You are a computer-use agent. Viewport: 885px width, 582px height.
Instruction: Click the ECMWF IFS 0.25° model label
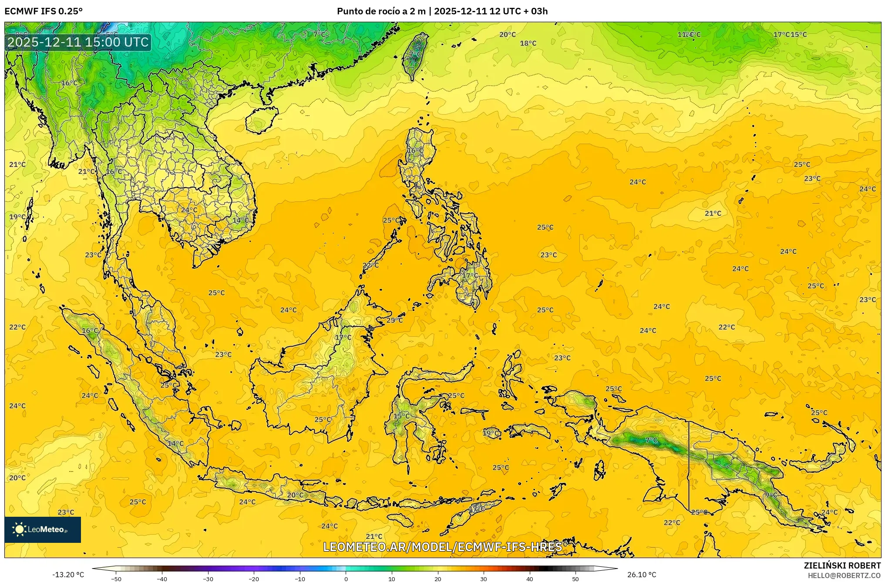pos(43,11)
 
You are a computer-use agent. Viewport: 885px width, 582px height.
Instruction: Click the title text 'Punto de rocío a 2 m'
pos(381,11)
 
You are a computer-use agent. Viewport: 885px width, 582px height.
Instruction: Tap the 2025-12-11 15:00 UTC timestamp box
pos(78,42)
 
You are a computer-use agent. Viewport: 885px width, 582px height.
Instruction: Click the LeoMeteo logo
pos(43,529)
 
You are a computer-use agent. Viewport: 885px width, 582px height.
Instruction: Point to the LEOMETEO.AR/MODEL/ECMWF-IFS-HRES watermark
pos(442,547)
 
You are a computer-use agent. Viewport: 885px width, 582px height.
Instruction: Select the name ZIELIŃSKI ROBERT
pos(842,565)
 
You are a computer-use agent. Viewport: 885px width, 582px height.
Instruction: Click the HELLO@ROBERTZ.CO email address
pos(844,575)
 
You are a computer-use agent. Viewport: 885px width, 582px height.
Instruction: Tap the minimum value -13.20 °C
pos(68,575)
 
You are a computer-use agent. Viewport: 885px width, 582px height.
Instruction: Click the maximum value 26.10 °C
pos(642,575)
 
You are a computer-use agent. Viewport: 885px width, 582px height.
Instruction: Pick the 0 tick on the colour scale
pos(346,579)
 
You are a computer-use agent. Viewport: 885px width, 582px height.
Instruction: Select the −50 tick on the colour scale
pos(116,579)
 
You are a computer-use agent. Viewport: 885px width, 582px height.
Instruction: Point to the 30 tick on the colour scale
pos(484,579)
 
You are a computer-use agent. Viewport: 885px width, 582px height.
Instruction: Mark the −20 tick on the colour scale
pos(254,579)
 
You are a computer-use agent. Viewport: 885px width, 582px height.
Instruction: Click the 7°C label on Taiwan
pos(415,54)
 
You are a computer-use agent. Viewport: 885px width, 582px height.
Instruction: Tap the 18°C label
pos(528,43)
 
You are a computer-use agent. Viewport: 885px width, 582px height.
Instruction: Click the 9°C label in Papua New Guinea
pos(771,495)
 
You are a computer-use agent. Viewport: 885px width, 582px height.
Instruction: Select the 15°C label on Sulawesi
pos(401,416)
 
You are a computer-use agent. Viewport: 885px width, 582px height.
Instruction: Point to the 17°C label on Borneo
pos(343,338)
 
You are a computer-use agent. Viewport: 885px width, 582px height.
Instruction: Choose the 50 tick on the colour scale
pos(575,579)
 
